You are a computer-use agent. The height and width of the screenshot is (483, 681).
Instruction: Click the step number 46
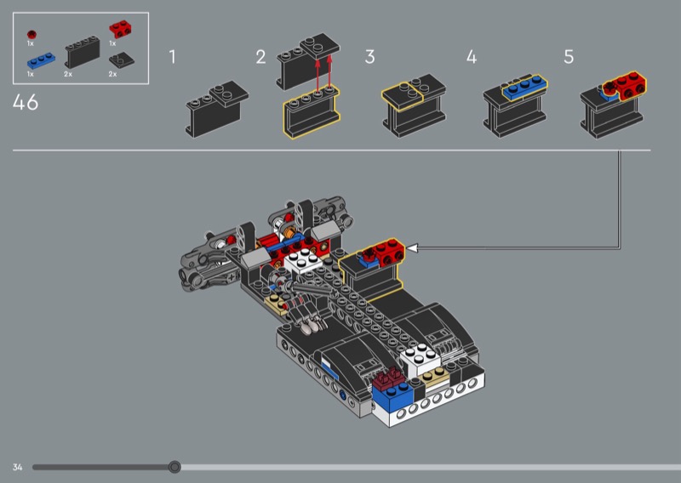coord(26,102)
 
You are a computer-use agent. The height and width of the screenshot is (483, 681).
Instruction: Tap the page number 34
coord(17,467)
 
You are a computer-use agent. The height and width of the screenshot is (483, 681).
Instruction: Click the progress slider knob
coord(175,467)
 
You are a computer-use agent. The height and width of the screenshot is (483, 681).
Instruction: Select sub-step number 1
coord(173,57)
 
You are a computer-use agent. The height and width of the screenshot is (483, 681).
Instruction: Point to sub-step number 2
coord(260,57)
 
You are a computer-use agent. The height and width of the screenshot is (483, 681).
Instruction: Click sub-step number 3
coord(369,57)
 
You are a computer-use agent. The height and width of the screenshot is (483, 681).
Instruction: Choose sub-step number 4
coord(472,57)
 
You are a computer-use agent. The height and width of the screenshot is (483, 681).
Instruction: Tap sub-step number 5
coord(569,57)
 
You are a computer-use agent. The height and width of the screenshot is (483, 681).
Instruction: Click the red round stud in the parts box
coord(31,35)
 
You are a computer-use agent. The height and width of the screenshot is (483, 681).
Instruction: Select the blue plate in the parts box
coord(41,60)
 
